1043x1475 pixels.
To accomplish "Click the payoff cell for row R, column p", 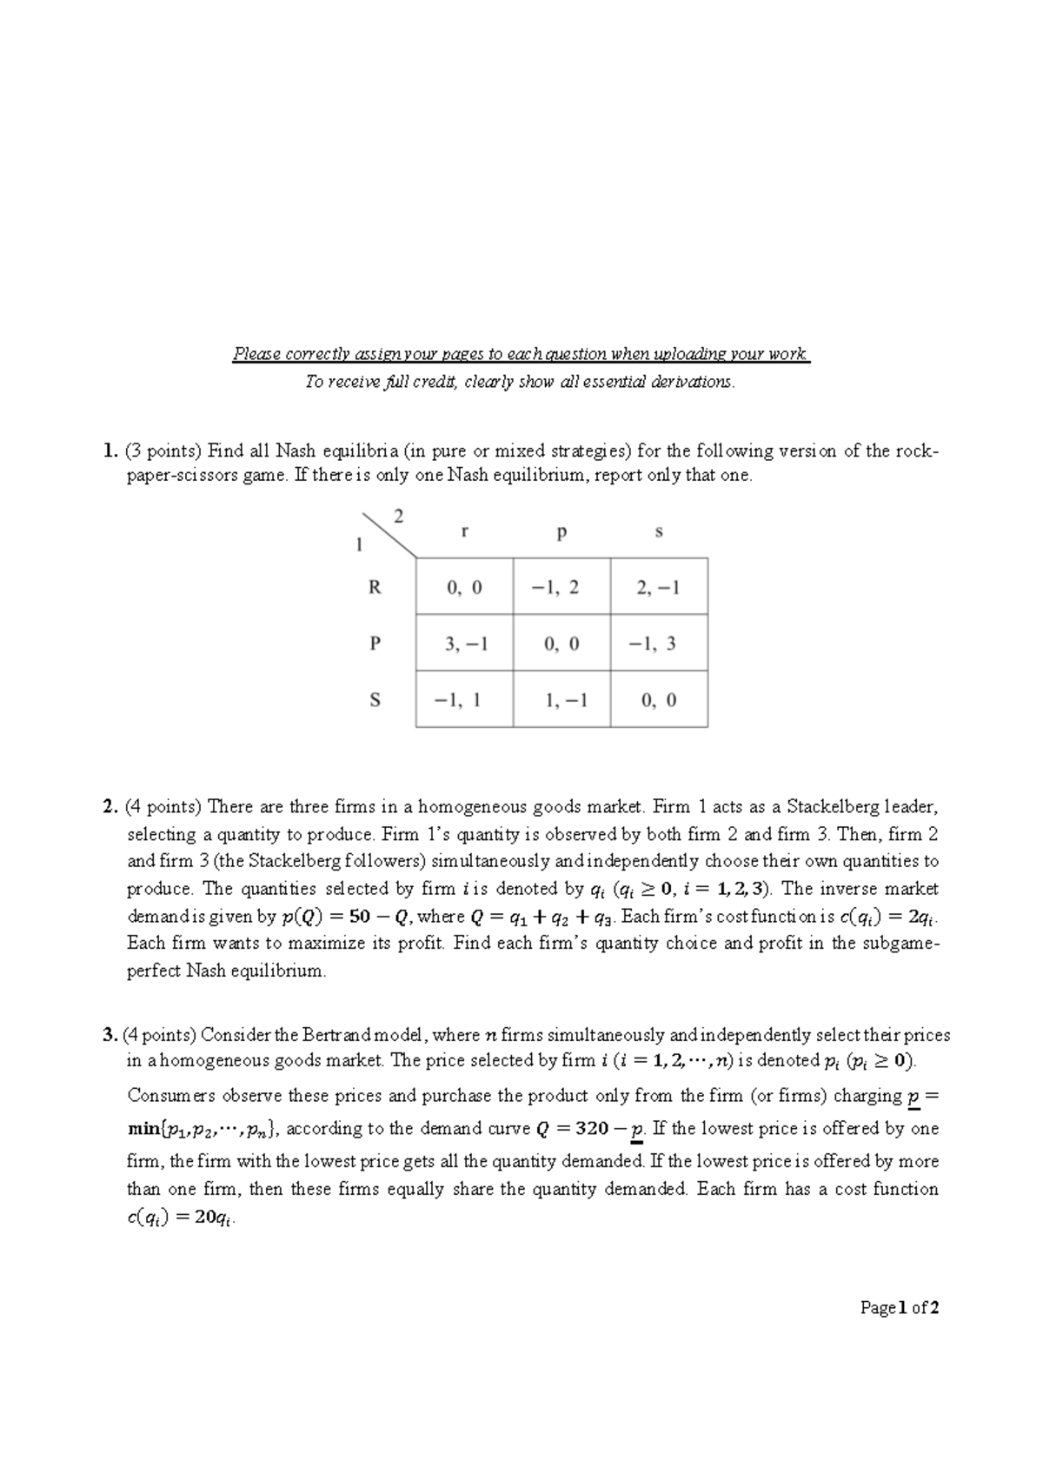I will pos(561,587).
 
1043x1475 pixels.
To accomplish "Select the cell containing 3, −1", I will pos(465,644).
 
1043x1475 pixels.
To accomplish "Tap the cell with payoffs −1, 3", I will pos(658,644).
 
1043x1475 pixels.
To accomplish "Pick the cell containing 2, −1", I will pos(658,587).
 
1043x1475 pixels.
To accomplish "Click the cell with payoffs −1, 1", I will pos(465,700).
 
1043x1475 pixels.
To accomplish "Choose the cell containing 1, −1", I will pos(561,700).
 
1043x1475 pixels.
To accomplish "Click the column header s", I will pos(658,532).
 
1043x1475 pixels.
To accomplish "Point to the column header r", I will pos(465,532).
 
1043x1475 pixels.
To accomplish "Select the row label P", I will pos(375,644).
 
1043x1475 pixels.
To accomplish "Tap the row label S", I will pos(375,700).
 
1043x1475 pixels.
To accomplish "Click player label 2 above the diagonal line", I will pos(399,516).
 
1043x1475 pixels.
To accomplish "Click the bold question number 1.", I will pos(108,451).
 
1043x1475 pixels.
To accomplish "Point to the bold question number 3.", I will pos(109,1035).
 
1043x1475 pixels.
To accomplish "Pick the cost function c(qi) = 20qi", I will pos(182,1218).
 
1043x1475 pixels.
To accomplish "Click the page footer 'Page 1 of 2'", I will pos(900,1307).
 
